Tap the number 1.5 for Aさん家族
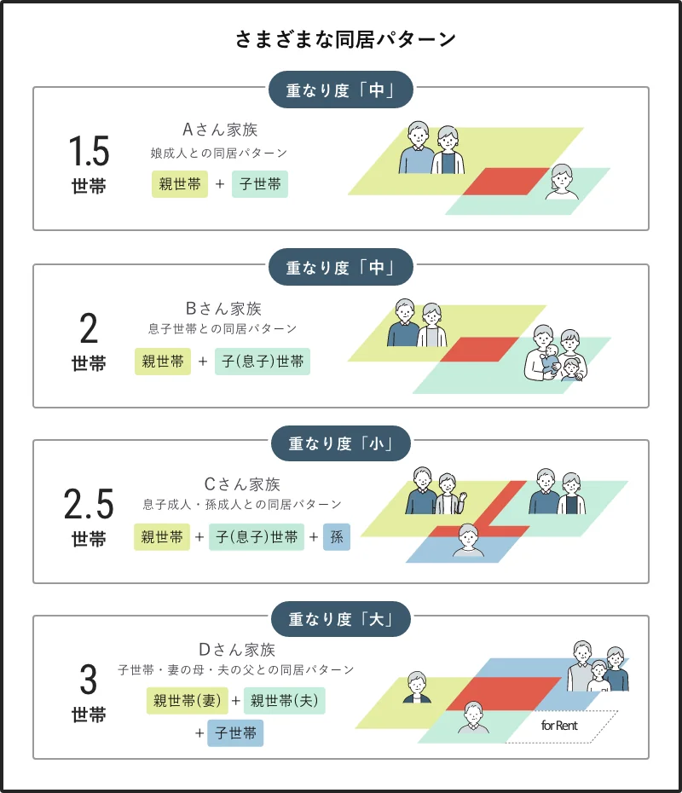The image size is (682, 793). [x=89, y=152]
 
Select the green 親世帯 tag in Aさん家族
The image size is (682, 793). [x=180, y=184]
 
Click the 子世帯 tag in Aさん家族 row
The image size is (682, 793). [x=260, y=184]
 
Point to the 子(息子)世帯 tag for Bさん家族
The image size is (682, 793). [x=263, y=362]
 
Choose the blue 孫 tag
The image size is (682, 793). [x=337, y=537]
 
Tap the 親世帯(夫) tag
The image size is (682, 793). [x=285, y=702]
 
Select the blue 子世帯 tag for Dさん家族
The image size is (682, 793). [x=235, y=733]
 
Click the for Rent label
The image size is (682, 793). [x=560, y=726]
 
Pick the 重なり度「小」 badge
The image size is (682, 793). [x=341, y=443]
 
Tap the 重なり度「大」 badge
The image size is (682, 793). [x=341, y=619]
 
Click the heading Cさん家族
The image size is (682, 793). [x=242, y=484]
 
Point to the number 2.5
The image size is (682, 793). [x=89, y=505]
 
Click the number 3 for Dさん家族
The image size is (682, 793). [x=89, y=680]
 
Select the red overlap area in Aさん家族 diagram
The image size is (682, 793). [x=506, y=181]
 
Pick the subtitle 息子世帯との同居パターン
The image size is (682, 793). [x=223, y=328]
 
